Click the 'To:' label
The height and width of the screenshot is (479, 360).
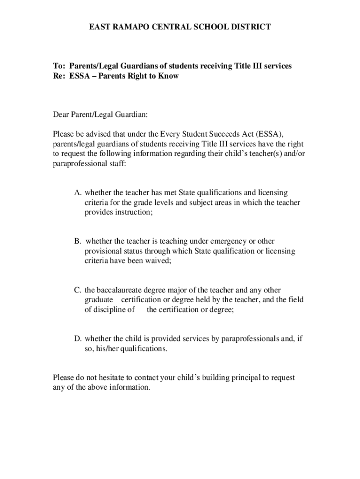point(59,66)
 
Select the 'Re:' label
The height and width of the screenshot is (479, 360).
point(59,76)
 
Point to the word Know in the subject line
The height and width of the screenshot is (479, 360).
point(169,76)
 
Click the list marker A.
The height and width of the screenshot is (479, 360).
point(77,193)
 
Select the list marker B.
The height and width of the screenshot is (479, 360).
point(77,241)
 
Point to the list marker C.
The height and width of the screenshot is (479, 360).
point(77,290)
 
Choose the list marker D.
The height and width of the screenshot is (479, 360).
point(77,339)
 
